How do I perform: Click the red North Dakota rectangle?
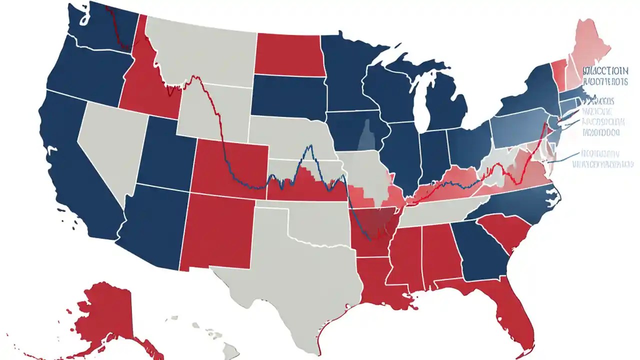[x=287, y=55]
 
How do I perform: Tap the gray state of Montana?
[x=205, y=50]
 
